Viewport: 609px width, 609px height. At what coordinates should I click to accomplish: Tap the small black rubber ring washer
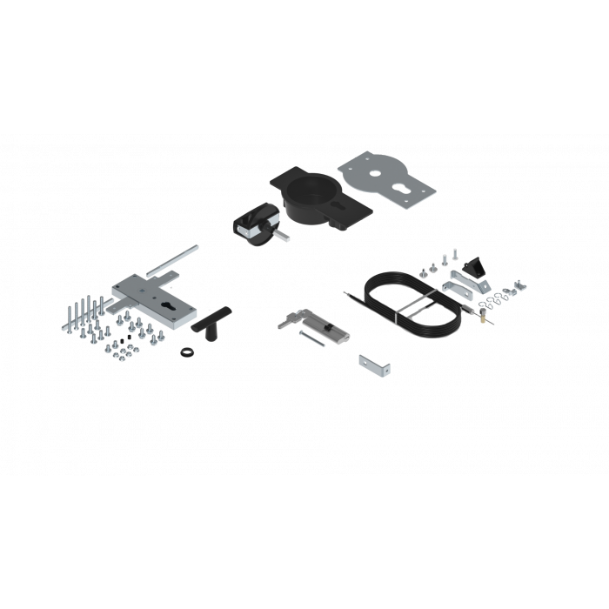(185, 351)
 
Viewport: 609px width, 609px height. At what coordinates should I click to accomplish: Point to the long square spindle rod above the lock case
(171, 261)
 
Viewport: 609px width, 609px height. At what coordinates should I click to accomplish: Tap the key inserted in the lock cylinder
(288, 321)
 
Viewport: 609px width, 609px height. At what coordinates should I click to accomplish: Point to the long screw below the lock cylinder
(312, 338)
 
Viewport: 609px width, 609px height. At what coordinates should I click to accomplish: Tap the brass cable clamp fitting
(478, 318)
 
